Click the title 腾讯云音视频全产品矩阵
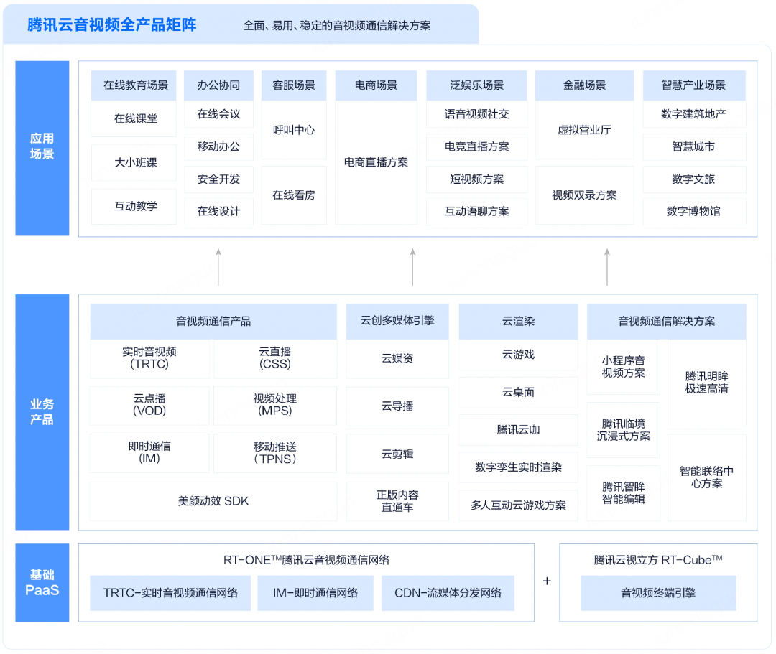pos(111,25)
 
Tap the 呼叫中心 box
pos(293,130)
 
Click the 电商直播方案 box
pos(376,162)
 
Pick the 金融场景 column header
pos(584,85)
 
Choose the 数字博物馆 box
pos(693,212)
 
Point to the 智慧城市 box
pos(693,146)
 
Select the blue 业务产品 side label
pos(42,412)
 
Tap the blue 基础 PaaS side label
pos(42,582)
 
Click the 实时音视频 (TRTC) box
pos(149,358)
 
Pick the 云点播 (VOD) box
pos(149,405)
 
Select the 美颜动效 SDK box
pos(213,501)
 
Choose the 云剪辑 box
pos(397,454)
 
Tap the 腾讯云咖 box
pos(518,429)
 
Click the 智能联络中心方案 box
pos(706,477)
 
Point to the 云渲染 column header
pos(518,322)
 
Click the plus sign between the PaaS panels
pos(547,581)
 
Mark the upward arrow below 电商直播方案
pos(412,266)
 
